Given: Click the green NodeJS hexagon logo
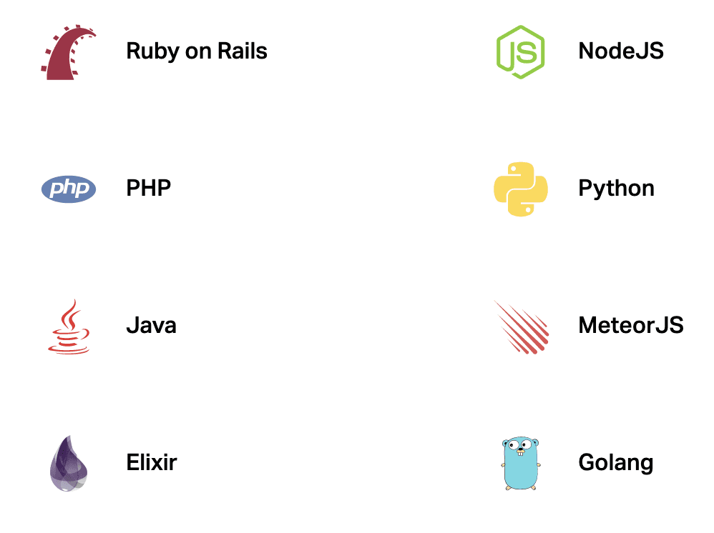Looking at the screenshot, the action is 520,51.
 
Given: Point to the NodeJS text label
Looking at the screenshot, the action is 620,51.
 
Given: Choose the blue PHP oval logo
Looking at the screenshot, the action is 69,189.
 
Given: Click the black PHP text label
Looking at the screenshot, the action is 149,189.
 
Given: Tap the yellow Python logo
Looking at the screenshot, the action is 520,189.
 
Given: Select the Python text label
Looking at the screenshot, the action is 616,189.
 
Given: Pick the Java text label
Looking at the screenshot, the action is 151,326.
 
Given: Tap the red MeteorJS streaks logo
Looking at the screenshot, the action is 522,327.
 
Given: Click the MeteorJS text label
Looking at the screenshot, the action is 630,326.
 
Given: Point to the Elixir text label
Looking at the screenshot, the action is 151,462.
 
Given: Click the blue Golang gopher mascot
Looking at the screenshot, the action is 520,464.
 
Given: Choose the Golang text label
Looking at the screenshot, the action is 615,463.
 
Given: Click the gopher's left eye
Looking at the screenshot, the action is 513,445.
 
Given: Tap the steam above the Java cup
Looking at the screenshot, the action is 70,314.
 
